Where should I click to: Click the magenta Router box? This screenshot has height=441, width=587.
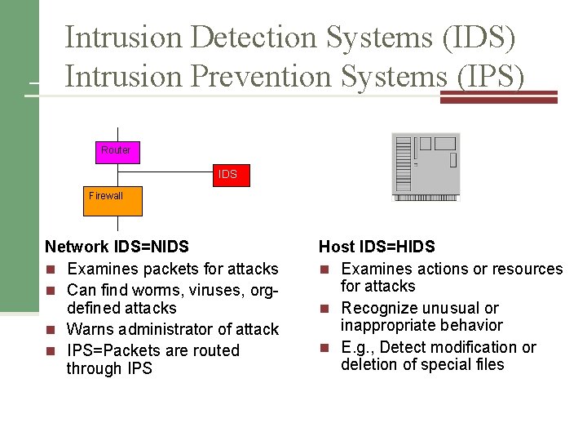pos(117,152)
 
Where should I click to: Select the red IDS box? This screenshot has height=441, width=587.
pos(229,174)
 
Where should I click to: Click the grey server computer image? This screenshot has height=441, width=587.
pos(425,166)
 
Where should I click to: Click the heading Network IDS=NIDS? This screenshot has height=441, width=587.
pos(117,247)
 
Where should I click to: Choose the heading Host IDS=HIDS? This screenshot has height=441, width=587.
pos(377,247)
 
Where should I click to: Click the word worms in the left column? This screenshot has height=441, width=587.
pos(137,289)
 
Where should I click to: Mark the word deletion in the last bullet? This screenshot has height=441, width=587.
pos(369,364)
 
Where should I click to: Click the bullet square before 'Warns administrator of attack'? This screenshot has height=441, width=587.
pos(51,330)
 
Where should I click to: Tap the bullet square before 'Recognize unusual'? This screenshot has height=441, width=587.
pos(324,309)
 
